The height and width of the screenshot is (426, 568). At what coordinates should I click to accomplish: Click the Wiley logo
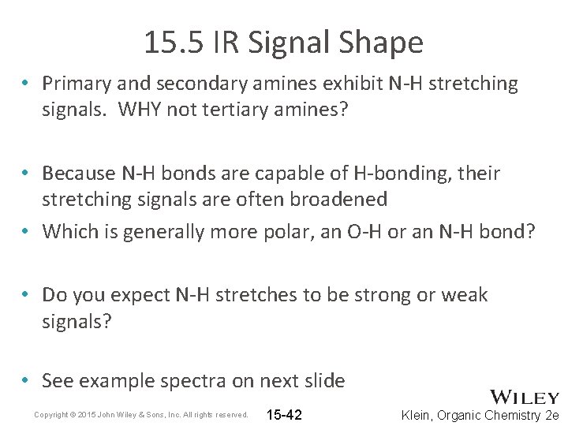point(525,398)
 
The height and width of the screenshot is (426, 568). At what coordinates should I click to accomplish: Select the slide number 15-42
point(285,415)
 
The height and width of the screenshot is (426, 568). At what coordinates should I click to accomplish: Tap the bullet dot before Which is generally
point(27,232)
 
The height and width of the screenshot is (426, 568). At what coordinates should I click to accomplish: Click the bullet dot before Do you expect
point(27,295)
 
